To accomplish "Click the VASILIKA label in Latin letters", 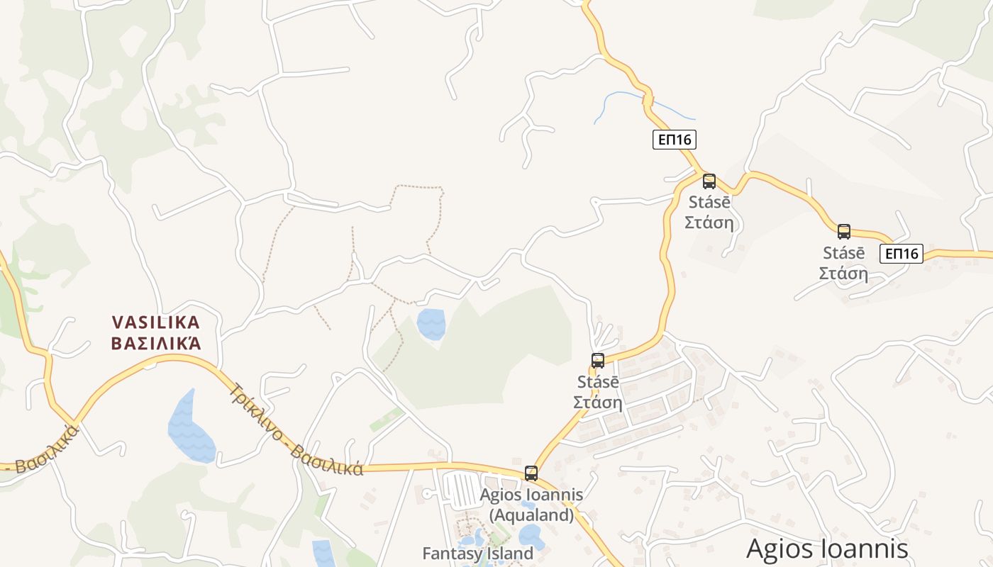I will (x=156, y=322).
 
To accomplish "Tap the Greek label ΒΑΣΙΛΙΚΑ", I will (x=156, y=344).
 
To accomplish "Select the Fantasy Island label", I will (x=477, y=553).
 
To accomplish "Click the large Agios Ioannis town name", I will (x=827, y=549).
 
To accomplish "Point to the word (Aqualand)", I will (x=531, y=515).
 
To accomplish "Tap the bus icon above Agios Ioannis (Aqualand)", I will (x=531, y=473).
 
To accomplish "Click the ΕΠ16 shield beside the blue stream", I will (x=674, y=140).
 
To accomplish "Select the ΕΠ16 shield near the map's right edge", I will (x=901, y=253).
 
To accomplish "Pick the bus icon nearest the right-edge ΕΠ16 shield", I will (x=843, y=231).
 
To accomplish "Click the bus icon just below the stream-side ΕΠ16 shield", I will (x=709, y=181).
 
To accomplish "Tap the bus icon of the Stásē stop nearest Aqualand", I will (x=598, y=360).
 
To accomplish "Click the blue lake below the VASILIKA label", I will (x=190, y=429).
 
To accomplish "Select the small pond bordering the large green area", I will (x=431, y=323).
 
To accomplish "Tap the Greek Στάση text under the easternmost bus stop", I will (x=843, y=274).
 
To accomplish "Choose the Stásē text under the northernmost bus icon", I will (x=709, y=202).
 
